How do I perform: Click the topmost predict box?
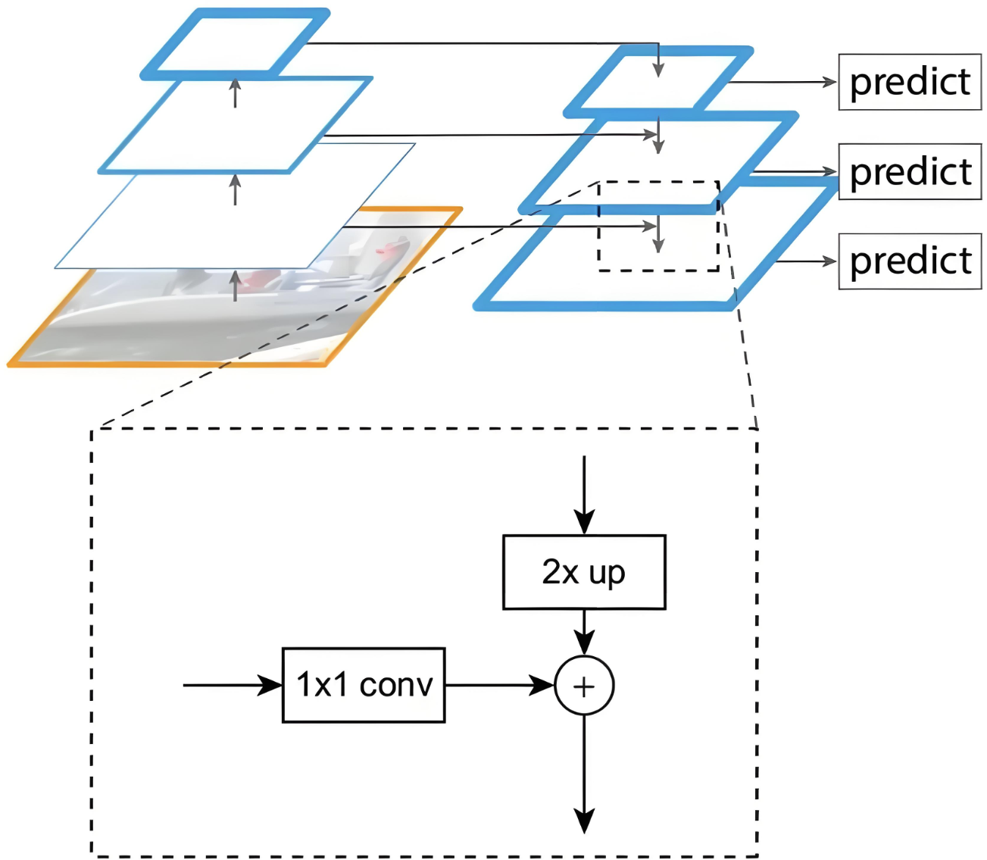pyautogui.click(x=909, y=82)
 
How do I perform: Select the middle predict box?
pyautogui.click(x=909, y=172)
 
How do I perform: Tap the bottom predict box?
pyautogui.click(x=909, y=261)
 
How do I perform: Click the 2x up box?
pyautogui.click(x=584, y=572)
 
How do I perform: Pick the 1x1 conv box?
pyautogui.click(x=364, y=685)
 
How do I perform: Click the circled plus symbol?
pyautogui.click(x=584, y=686)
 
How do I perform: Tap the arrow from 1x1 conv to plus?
pyautogui.click(x=500, y=685)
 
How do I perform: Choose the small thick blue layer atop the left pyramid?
pyautogui.click(x=236, y=43)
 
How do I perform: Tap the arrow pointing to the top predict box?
pyautogui.click(x=784, y=82)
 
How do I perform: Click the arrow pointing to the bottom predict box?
pyautogui.click(x=807, y=261)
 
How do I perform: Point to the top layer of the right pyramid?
pyautogui.click(x=658, y=82)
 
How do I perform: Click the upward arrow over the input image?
pyautogui.click(x=236, y=286)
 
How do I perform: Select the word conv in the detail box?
pyautogui.click(x=395, y=685)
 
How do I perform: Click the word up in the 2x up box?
pyautogui.click(x=607, y=574)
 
